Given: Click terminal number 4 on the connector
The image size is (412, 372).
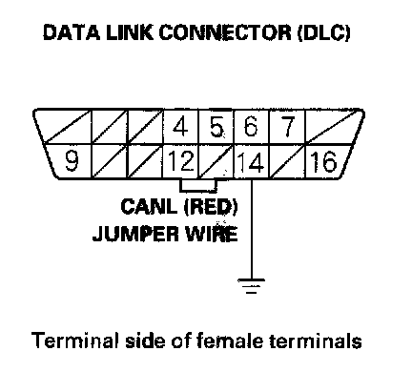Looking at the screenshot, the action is (180, 126).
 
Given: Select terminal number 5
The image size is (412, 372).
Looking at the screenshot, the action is (216, 126).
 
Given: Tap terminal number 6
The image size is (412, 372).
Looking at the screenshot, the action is (251, 126).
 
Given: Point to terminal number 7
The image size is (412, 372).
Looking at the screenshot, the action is (288, 126).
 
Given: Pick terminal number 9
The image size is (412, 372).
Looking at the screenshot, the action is (72, 160).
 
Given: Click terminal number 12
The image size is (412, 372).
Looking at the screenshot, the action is (181, 160).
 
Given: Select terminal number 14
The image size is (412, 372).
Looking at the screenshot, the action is (251, 162).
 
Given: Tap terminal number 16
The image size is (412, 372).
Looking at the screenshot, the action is (323, 161).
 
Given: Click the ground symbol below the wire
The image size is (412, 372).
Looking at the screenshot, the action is (251, 286).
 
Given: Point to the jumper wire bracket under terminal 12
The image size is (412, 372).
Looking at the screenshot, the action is (198, 191).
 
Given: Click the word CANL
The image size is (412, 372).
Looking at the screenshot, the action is (149, 207).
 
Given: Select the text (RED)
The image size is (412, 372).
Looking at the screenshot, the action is (211, 207).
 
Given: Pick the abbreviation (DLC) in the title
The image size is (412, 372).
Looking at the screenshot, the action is (324, 33).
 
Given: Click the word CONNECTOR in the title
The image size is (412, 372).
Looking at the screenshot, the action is (225, 32).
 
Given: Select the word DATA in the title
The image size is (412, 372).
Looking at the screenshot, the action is (72, 32).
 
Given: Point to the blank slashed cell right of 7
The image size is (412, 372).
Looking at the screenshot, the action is (332, 127).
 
